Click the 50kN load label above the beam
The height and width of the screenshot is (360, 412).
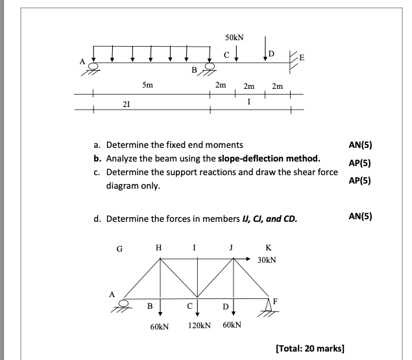pos(234,38)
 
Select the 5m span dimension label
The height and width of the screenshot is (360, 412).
pos(147,85)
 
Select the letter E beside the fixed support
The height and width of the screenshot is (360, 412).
pos(302,58)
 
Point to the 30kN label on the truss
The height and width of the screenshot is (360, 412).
pos(266,259)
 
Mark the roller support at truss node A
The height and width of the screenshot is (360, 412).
pos(128,304)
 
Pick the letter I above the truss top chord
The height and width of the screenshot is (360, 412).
pos(197,246)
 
